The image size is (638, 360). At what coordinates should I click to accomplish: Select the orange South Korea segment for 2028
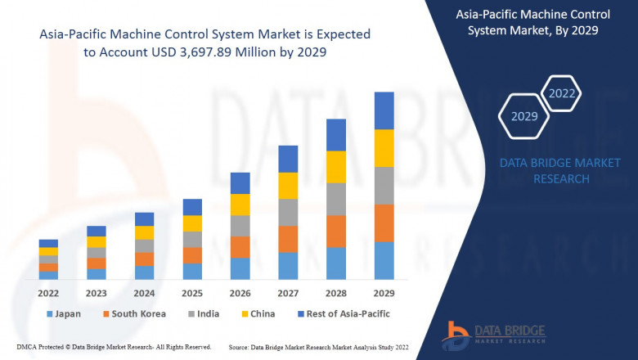tap(335, 232)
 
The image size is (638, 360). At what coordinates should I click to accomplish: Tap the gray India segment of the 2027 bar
tap(287, 213)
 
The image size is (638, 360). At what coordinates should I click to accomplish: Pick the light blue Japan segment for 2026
tap(240, 269)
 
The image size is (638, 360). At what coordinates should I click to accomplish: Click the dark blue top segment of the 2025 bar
tap(192, 207)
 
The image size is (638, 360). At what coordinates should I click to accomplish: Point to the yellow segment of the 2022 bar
tap(48, 251)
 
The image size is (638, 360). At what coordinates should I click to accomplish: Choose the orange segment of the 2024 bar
tap(144, 259)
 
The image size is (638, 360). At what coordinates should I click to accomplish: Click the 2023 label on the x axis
tap(97, 292)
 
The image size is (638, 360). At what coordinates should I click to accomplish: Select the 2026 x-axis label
tap(240, 292)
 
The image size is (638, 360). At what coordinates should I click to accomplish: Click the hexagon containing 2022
tap(561, 93)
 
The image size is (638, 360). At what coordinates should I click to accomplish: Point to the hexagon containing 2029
tap(524, 117)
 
